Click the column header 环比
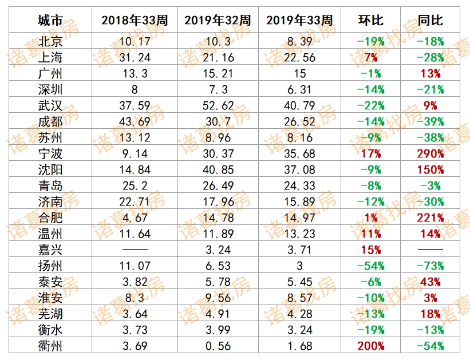(369, 20)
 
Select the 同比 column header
(430, 20)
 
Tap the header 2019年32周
(217, 20)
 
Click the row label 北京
(50, 41)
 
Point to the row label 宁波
(50, 153)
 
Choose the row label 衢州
(50, 346)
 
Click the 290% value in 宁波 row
(430, 153)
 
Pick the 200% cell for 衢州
(370, 346)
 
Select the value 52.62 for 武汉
(217, 105)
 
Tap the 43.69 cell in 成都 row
(135, 121)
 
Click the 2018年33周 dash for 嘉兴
(135, 250)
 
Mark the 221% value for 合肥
(430, 217)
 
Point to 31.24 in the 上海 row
(135, 57)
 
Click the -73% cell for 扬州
(430, 266)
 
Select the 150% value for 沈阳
(430, 169)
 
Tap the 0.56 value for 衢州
(217, 346)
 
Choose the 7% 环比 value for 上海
(370, 57)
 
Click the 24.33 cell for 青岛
(299, 185)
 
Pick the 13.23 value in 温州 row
(299, 234)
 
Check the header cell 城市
(50, 20)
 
